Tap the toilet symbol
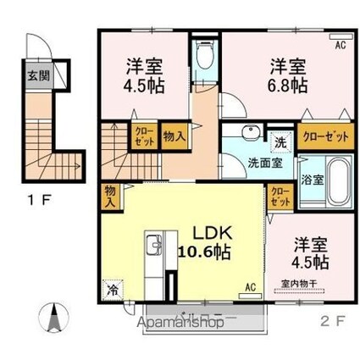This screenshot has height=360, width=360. pyautogui.click(x=202, y=58)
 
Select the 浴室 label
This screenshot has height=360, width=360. pyautogui.click(x=309, y=180)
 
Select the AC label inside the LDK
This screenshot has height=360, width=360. pyautogui.click(x=250, y=286)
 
